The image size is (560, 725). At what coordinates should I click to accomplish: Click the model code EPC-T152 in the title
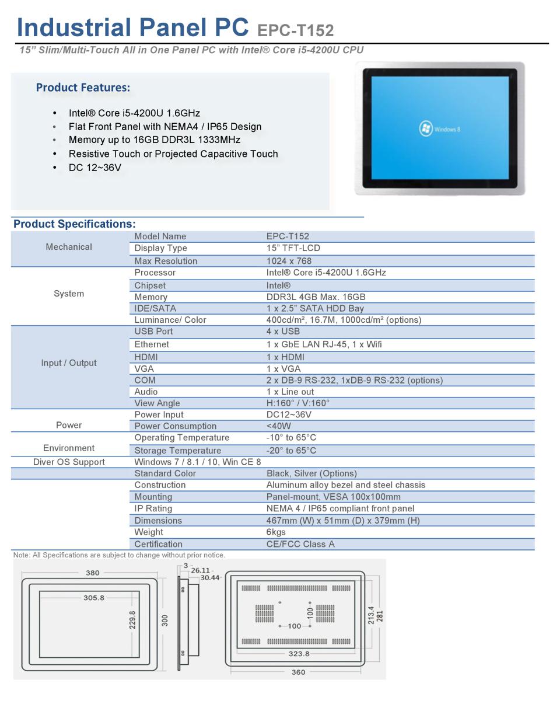click(295, 30)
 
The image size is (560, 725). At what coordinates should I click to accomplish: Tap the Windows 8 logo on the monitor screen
click(426, 129)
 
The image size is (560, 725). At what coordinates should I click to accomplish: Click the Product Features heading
click(83, 88)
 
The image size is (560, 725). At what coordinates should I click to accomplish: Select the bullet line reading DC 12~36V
click(94, 168)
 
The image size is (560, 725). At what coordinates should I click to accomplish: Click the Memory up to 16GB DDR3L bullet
click(154, 140)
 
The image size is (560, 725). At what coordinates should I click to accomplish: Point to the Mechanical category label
click(69, 247)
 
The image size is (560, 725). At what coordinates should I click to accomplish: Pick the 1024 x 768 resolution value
click(289, 261)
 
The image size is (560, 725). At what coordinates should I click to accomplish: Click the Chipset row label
click(150, 285)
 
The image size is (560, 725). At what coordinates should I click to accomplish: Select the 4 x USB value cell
click(283, 331)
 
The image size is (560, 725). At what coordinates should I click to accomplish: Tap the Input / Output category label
click(69, 362)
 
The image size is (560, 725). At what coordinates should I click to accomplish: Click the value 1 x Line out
click(290, 392)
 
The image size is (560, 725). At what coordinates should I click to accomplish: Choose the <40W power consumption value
click(279, 426)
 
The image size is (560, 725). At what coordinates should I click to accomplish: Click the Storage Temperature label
click(177, 451)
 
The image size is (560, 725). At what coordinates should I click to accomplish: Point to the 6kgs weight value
click(276, 532)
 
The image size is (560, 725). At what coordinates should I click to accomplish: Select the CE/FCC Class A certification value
click(300, 544)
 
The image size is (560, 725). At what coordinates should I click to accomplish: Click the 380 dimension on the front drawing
click(93, 573)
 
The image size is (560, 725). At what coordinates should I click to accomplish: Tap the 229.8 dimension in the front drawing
click(132, 620)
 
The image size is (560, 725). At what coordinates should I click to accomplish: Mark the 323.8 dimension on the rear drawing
click(299, 654)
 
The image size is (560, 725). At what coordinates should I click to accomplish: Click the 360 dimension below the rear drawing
click(298, 672)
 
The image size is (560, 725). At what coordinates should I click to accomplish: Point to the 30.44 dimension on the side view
click(210, 578)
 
